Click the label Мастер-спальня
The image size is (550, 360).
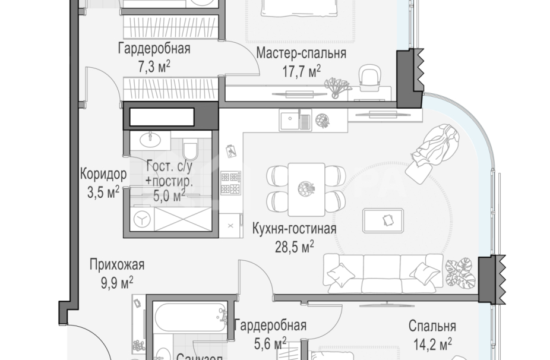tap(301, 54)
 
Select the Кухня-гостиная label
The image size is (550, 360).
tap(294, 229)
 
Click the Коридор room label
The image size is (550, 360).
tap(103, 175)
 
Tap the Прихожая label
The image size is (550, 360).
tap(117, 265)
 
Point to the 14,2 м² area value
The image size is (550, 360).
tap(432, 342)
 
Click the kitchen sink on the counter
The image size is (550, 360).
tap(295, 121)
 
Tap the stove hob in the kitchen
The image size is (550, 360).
tap(231, 183)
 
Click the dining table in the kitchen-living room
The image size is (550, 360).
tap(306, 190)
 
